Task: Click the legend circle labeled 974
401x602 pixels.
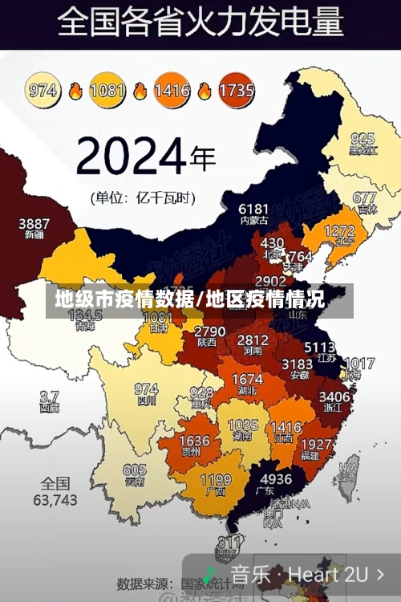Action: pyautogui.click(x=43, y=90)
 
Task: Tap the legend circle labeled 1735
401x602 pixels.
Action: pyautogui.click(x=235, y=90)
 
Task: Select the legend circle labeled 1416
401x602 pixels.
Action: pyautogui.click(x=172, y=90)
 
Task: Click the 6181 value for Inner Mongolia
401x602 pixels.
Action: pyautogui.click(x=253, y=209)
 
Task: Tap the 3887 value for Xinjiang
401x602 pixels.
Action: pyautogui.click(x=34, y=223)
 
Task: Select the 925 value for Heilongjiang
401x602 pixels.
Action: pyautogui.click(x=363, y=138)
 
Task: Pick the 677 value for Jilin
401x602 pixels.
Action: pyautogui.click(x=364, y=197)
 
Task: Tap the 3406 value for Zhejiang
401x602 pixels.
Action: pyautogui.click(x=334, y=396)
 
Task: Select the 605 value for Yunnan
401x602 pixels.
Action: pyautogui.click(x=134, y=470)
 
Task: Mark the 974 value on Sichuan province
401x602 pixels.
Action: pyautogui.click(x=146, y=389)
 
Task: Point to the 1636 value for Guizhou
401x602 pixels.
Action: pyautogui.click(x=194, y=441)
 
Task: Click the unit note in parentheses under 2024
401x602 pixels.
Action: pyautogui.click(x=141, y=197)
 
